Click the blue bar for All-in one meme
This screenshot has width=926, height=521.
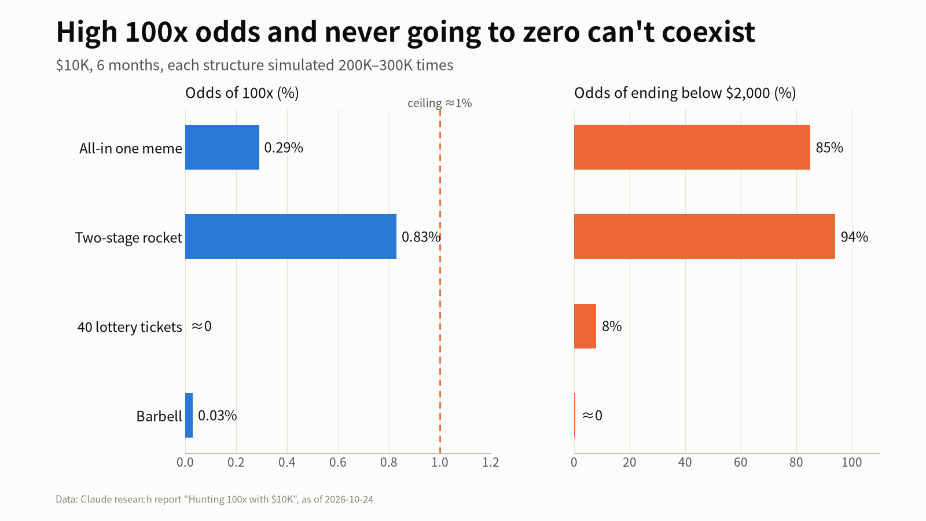(x=222, y=147)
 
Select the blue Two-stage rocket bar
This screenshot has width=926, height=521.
(x=291, y=237)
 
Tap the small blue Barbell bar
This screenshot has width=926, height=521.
(x=189, y=415)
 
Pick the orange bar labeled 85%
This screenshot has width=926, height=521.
(x=692, y=147)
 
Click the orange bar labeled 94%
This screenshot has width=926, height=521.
(x=704, y=237)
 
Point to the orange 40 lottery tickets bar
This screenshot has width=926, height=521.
(x=585, y=326)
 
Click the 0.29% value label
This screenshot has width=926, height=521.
(x=284, y=148)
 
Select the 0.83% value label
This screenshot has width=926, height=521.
(x=421, y=237)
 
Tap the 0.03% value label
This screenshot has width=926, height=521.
(x=218, y=416)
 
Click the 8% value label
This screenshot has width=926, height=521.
(x=612, y=326)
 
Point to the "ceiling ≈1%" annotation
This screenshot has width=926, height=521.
(x=439, y=103)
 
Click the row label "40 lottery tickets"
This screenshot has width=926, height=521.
(x=130, y=327)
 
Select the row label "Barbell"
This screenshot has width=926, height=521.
(x=159, y=416)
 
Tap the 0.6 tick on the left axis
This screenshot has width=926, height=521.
(x=338, y=463)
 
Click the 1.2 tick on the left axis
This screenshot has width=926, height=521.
(x=491, y=463)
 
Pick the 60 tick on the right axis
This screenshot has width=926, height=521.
(x=740, y=463)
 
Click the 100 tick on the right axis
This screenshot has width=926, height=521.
(x=852, y=463)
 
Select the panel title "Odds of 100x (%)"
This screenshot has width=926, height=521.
(x=242, y=93)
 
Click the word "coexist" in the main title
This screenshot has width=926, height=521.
(x=708, y=32)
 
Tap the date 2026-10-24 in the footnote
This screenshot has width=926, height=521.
(x=349, y=500)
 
